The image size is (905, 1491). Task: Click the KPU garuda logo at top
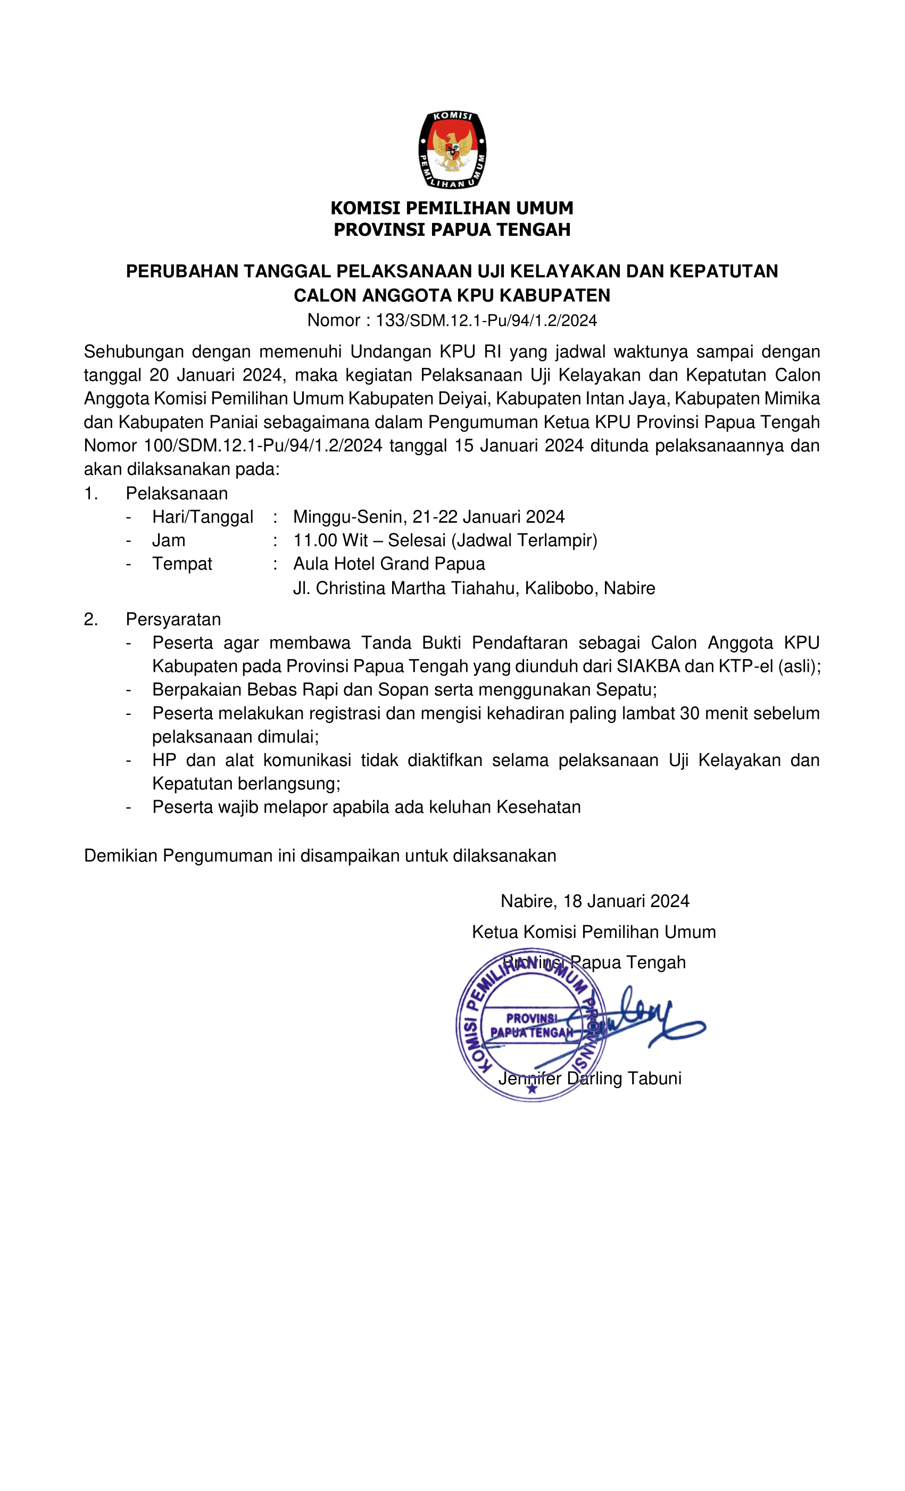pos(452,150)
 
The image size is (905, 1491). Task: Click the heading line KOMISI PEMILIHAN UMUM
pos(452,208)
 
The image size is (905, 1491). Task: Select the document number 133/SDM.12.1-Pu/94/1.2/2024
pos(486,320)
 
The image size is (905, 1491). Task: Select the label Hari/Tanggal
pos(203,517)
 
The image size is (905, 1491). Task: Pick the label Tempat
pos(182,564)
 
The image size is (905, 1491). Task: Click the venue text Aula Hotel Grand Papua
pos(389,564)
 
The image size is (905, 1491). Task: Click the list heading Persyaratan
pos(173,619)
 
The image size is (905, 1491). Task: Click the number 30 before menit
pos(689,713)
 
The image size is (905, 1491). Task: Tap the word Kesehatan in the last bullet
pos(538,807)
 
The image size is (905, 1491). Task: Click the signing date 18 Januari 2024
pos(626,901)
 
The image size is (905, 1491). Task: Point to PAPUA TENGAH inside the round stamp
pos(531,1032)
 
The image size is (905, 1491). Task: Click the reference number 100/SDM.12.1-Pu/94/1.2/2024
pos(263,446)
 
